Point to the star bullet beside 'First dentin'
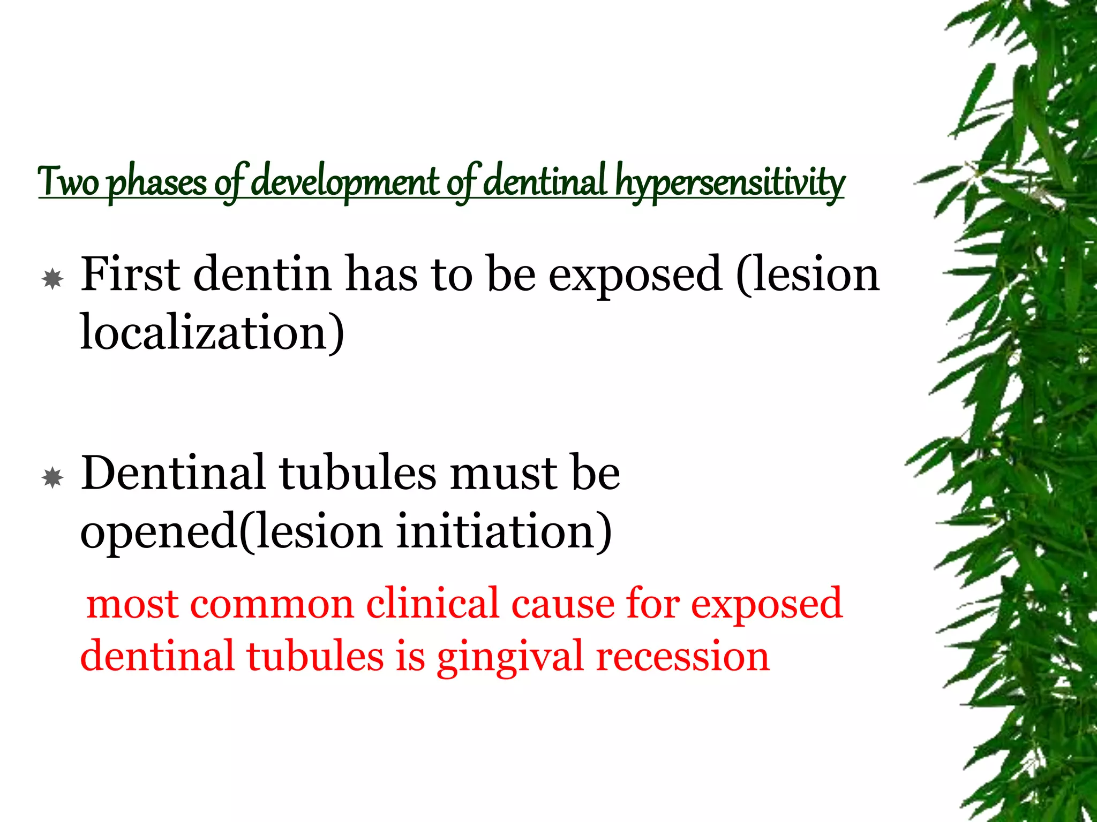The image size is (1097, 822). click(52, 279)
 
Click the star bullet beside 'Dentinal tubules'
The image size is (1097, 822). click(52, 477)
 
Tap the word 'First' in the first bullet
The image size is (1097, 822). click(130, 274)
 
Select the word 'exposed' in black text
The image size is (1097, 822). click(635, 275)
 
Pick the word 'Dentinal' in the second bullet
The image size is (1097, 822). click(173, 473)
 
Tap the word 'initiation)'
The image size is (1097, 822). click(504, 531)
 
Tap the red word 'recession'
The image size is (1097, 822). click(682, 657)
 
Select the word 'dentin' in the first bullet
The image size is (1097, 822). click(262, 274)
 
